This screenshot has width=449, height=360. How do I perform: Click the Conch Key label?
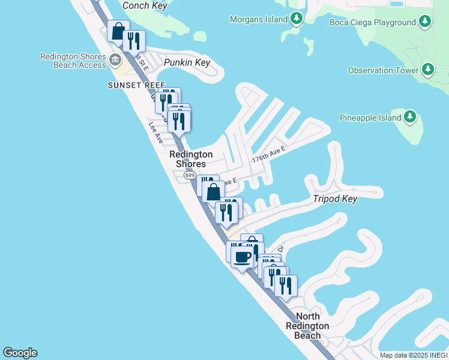click(x=144, y=6)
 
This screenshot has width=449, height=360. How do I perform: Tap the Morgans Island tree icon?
click(x=296, y=19)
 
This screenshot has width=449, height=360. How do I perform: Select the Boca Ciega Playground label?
click(x=373, y=23)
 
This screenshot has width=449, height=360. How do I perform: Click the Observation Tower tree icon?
click(x=427, y=70)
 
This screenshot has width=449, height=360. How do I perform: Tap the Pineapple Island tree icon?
click(x=410, y=117)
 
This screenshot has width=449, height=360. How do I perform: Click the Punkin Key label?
click(x=187, y=62)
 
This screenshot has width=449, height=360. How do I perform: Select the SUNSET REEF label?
click(x=136, y=86)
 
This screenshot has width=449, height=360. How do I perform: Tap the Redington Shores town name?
click(x=191, y=159)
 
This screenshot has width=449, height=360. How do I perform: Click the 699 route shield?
click(x=190, y=175)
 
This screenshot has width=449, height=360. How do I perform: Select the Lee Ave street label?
click(x=156, y=133)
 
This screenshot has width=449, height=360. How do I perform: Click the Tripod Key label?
click(x=335, y=199)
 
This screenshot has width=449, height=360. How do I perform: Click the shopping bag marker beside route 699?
click(x=213, y=192)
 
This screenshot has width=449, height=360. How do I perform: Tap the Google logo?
click(x=20, y=353)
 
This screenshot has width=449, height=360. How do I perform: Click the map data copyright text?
click(x=414, y=355)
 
